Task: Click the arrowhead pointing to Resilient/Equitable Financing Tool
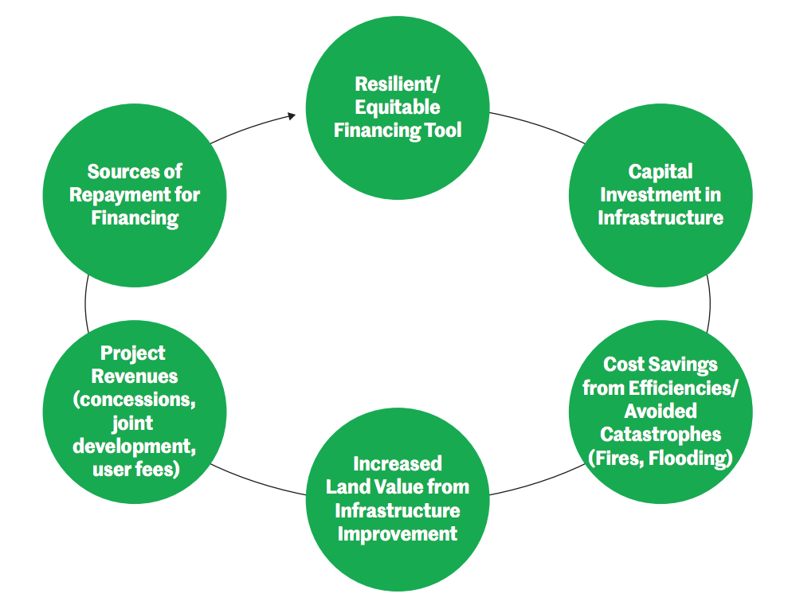coord(291,116)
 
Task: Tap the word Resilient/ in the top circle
coord(397,84)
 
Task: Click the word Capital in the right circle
coord(660,171)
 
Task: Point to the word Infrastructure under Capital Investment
coord(660,217)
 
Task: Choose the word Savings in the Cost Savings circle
coord(683,365)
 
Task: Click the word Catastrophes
coord(661,435)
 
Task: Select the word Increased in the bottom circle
coord(397,463)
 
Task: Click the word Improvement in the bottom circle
coord(397,533)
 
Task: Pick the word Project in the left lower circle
coord(133,353)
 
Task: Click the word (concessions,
coord(133,400)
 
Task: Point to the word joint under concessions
coord(133,423)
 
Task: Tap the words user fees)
coord(133,470)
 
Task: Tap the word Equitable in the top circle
coord(397,107)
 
